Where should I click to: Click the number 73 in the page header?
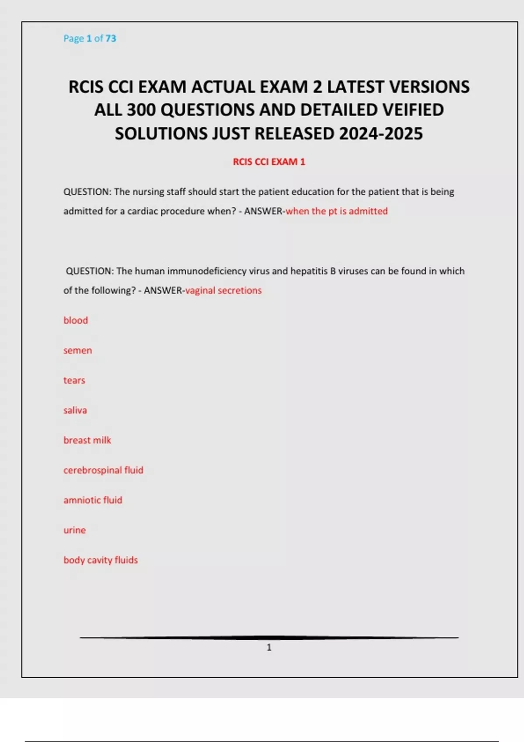110,38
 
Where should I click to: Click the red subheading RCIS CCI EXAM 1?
269,162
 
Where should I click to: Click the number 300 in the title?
141,110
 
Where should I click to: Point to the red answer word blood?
76,320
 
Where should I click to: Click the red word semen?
78,350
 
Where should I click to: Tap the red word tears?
74,381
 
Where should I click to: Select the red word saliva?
75,410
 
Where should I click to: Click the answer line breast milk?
87,440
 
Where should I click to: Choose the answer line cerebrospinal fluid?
103,470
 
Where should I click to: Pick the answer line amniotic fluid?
93,500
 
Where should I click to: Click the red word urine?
75,530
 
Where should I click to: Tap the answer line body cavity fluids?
100,560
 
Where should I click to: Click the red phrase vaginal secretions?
224,291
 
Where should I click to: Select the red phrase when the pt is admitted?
337,211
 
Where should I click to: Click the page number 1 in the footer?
269,647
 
